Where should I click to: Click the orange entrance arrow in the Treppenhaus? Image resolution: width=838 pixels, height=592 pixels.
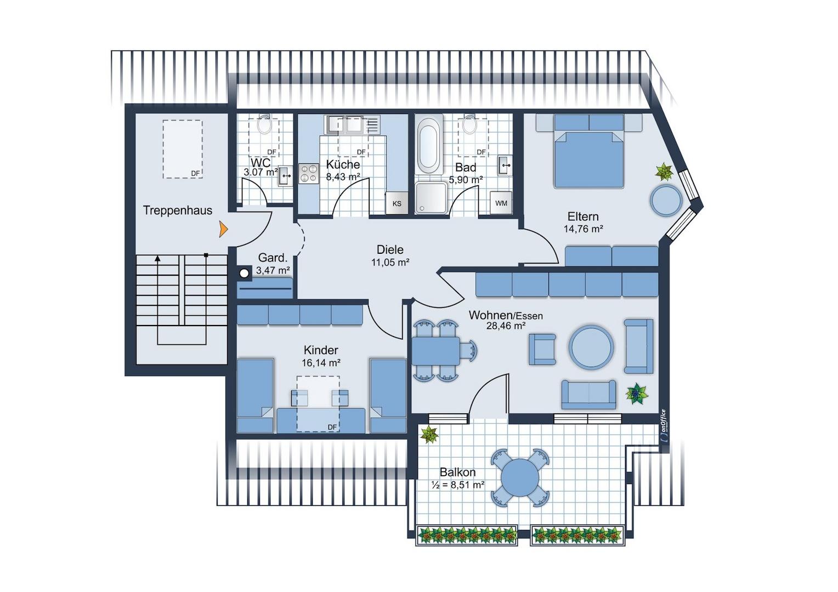224,229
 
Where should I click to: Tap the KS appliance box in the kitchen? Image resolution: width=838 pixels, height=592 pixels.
397,203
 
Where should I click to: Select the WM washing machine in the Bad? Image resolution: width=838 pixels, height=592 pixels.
501,203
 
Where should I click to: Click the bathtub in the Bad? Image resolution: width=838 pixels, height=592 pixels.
429,145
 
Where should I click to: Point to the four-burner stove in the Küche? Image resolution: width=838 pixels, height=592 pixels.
309,174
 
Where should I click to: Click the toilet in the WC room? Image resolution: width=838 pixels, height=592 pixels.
264,124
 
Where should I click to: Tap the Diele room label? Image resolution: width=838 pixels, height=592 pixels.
390,249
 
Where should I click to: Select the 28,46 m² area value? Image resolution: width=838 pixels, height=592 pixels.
506,326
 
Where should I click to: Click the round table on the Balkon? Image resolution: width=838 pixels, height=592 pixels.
519,478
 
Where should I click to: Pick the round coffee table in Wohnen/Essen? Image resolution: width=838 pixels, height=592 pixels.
591,348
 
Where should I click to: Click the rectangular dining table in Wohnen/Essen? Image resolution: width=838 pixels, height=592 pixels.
436,351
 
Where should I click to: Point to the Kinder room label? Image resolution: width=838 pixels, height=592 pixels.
321,350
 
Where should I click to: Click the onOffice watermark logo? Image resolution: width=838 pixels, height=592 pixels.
663,426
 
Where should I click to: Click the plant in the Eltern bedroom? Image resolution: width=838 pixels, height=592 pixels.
664,172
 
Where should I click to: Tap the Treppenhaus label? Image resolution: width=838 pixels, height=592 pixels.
178,210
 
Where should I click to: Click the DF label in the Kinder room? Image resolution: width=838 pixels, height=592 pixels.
332,427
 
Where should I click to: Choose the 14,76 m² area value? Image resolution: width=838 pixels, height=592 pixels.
583,229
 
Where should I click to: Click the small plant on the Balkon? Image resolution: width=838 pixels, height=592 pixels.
429,435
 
